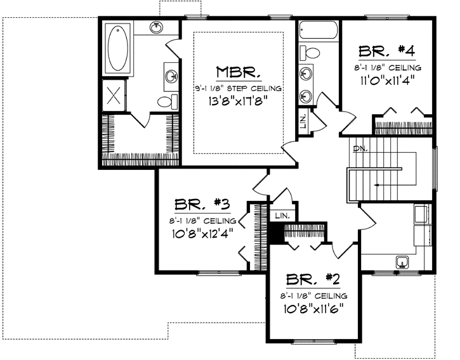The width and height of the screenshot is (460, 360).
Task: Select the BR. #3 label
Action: click(x=202, y=205)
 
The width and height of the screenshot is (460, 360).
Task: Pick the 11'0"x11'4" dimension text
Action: click(x=389, y=80)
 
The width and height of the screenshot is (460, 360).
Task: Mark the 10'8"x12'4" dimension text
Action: click(x=202, y=233)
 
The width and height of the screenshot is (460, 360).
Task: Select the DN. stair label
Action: click(x=360, y=150)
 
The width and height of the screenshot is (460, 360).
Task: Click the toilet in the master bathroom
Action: click(x=163, y=101)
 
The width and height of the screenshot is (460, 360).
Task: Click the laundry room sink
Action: click(x=402, y=261)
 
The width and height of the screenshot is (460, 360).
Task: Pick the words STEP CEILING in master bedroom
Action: click(x=255, y=89)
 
